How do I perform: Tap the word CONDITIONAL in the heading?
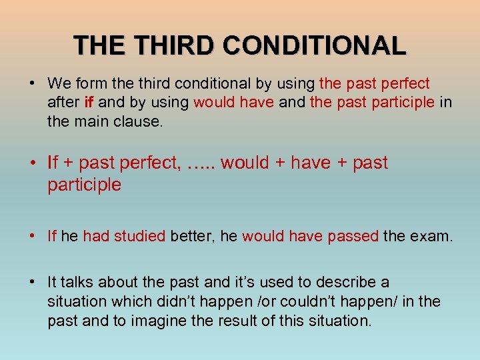click(x=315, y=45)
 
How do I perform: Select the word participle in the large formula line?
click(x=84, y=185)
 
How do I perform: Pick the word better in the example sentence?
click(x=190, y=235)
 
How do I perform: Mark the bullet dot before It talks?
click(x=32, y=282)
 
